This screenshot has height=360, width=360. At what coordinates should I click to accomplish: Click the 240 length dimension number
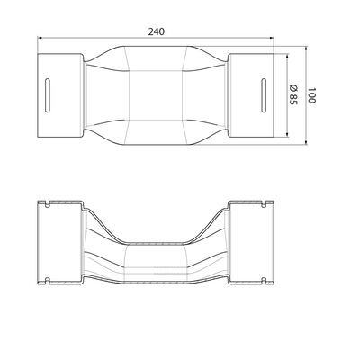pyautogui.click(x=157, y=31)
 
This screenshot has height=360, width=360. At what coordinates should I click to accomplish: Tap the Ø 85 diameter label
pyautogui.click(x=293, y=94)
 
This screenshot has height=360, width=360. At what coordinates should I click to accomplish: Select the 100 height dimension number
pyautogui.click(x=311, y=95)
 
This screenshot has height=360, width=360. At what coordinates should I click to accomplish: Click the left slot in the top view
pyautogui.click(x=48, y=95)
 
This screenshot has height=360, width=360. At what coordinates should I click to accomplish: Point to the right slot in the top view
pyautogui.click(x=264, y=95)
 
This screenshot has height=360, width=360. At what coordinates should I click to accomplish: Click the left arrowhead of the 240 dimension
pyautogui.click(x=40, y=38)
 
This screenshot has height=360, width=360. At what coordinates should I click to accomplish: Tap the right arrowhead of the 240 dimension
pyautogui.click(x=272, y=38)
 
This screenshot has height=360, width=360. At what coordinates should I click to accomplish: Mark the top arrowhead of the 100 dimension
pyautogui.click(x=306, y=49)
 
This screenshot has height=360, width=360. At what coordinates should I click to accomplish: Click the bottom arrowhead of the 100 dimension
pyautogui.click(x=306, y=142)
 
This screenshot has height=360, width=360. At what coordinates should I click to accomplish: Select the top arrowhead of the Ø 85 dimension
pyautogui.click(x=287, y=56)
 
